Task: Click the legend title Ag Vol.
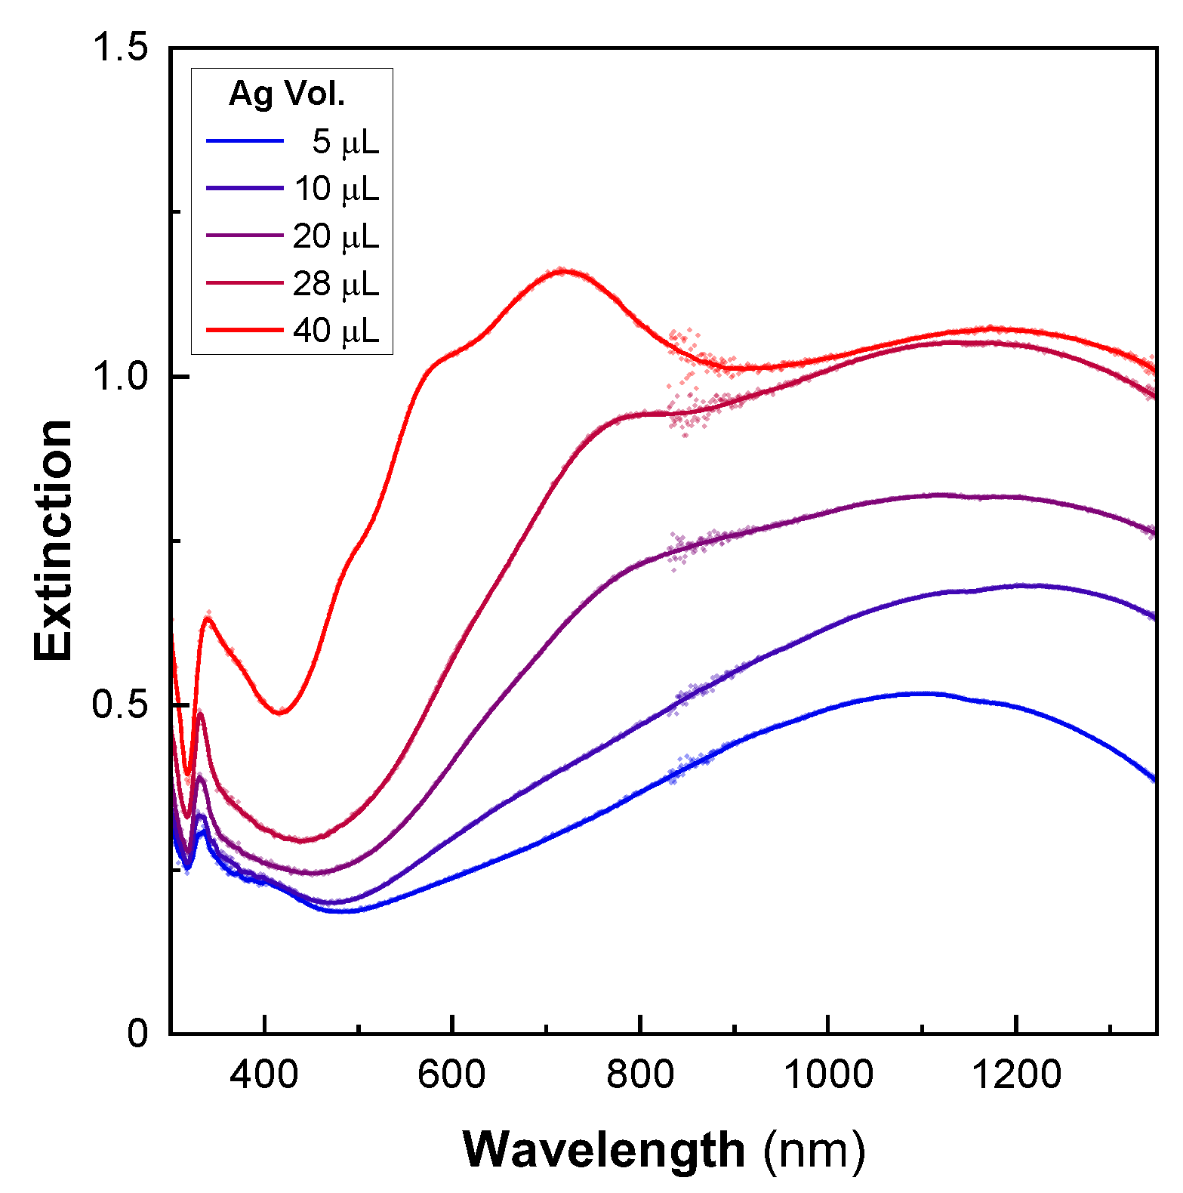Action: (x=286, y=94)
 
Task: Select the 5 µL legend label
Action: (x=346, y=141)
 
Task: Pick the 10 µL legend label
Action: (x=337, y=189)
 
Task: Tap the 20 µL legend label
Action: (x=337, y=236)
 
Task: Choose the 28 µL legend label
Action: (x=337, y=284)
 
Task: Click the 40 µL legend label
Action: (x=337, y=331)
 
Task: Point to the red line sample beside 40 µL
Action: (x=245, y=331)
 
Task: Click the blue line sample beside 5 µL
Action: (x=245, y=141)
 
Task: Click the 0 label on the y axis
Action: (x=138, y=1033)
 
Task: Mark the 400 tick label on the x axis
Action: (x=264, y=1074)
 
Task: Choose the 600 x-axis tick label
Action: (x=451, y=1074)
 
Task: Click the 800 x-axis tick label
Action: (x=640, y=1074)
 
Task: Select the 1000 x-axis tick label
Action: (x=828, y=1074)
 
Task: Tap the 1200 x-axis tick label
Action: (x=1016, y=1074)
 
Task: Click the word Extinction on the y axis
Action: (x=54, y=541)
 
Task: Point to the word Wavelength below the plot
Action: (x=604, y=1151)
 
